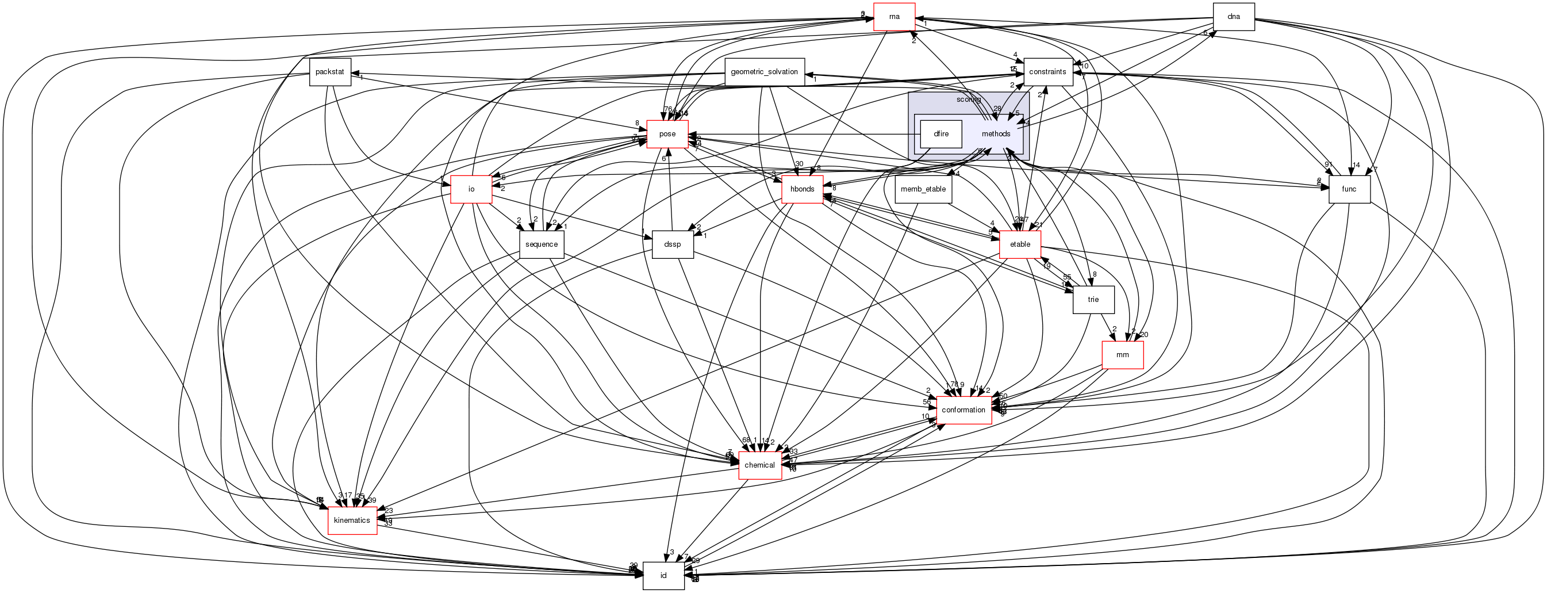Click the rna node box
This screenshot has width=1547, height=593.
point(893,17)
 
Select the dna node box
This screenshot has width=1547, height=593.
point(1234,17)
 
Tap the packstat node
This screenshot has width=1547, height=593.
point(330,72)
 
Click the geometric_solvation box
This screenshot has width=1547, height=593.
point(764,72)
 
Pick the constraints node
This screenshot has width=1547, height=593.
point(1047,72)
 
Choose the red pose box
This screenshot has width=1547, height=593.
point(667,134)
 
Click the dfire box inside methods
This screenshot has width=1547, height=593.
point(941,134)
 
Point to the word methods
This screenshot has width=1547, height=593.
point(996,134)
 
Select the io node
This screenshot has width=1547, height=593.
point(471,189)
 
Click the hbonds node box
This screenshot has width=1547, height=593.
point(803,189)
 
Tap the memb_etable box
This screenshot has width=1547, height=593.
point(923,189)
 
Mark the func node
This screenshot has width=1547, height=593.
point(1349,189)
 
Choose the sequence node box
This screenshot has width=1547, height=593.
point(541,244)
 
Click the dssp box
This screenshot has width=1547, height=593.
point(673,244)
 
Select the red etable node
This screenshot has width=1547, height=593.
point(1020,244)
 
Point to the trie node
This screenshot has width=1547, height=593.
point(1093,300)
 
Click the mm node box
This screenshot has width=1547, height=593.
point(1122,355)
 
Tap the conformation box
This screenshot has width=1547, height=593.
point(963,410)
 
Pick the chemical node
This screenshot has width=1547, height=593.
point(759,466)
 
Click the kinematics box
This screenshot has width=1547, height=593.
point(352,521)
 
